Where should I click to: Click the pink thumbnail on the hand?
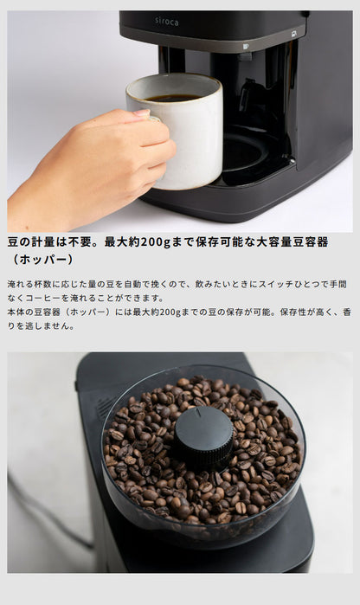coord(141,113)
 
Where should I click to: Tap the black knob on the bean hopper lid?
coord(203,438)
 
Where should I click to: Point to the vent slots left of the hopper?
coord(105,408)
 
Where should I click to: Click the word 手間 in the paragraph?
coord(337,284)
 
